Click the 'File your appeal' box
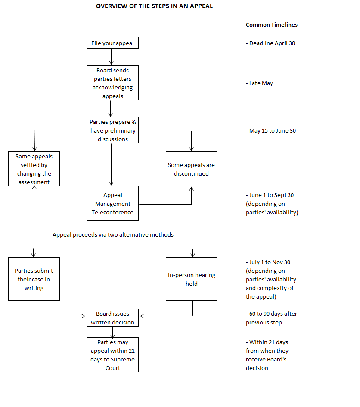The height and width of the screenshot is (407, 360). coord(113,43)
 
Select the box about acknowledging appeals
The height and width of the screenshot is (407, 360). coord(113,83)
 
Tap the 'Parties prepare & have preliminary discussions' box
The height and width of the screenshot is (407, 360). coord(113,130)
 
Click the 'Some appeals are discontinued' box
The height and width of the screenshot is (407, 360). coord(192,169)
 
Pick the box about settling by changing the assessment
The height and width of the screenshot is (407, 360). coord(34,169)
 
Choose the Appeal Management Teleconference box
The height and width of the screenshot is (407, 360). coord(113,203)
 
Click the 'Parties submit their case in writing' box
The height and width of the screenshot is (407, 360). coord(34,279)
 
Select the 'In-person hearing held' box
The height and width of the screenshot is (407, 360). coord(192,279)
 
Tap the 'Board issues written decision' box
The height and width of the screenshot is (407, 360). coord(113,318)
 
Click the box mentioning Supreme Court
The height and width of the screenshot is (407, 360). coord(113,355)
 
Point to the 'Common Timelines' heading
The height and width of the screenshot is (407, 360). coord(271,25)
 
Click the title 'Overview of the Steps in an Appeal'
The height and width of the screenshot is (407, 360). coord(154,6)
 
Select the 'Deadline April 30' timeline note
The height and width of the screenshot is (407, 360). coord(270,43)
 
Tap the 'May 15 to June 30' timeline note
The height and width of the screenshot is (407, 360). coord(271,130)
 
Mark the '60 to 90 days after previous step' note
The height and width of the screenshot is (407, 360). coord(271,318)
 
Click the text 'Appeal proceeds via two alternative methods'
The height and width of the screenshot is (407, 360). coord(113,234)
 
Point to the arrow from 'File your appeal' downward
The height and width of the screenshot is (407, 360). coord(112,56)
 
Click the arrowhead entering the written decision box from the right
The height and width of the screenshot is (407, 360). coord(143,316)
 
